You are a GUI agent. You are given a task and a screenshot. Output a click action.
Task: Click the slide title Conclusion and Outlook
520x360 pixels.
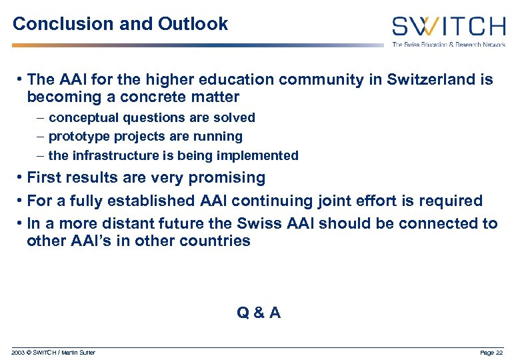120,25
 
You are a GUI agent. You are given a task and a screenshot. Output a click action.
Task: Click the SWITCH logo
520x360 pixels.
449,27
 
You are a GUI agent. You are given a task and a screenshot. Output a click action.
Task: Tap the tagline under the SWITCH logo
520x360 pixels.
449,44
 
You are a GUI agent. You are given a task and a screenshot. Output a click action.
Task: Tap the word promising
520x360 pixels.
227,178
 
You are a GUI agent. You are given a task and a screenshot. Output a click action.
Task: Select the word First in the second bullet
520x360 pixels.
43,178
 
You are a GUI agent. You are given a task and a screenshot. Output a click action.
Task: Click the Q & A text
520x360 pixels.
259,312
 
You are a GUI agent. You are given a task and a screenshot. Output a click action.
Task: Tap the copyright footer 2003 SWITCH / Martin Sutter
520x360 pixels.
53,352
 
